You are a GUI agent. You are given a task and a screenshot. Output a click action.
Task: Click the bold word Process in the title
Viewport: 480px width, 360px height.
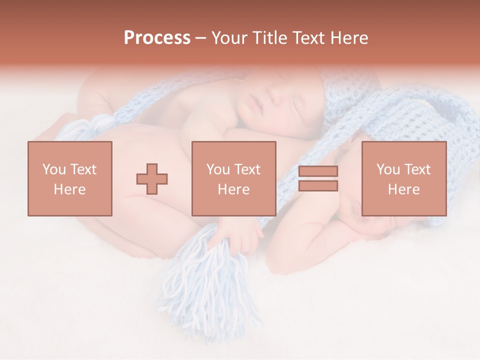(x=157, y=38)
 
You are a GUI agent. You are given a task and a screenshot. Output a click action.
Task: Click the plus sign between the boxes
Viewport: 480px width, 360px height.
(x=152, y=178)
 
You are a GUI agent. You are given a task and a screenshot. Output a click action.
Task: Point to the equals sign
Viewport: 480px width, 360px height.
(x=318, y=178)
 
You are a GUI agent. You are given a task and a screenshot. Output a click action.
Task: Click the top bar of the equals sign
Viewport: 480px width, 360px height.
(x=318, y=171)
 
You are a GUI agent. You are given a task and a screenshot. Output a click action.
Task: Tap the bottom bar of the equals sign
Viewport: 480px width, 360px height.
(x=318, y=186)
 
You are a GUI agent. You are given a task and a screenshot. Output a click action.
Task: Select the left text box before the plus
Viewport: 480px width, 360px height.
(x=70, y=178)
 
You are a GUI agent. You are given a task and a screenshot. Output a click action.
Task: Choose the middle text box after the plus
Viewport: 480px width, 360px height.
(x=234, y=178)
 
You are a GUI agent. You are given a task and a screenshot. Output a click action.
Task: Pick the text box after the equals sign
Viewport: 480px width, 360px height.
(x=403, y=178)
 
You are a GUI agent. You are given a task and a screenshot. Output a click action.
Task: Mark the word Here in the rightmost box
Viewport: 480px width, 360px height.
(x=403, y=189)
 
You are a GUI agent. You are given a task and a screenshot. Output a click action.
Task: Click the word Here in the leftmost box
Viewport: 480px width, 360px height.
(x=70, y=189)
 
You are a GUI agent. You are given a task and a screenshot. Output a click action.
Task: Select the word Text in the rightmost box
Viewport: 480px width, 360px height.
(x=418, y=169)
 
